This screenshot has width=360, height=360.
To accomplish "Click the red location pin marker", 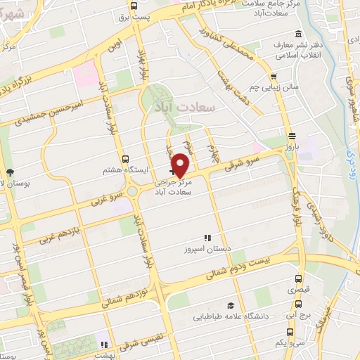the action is [181, 165].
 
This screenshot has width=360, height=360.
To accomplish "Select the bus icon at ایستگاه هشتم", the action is [125, 159].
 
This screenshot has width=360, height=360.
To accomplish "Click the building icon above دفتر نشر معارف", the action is [299, 34].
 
